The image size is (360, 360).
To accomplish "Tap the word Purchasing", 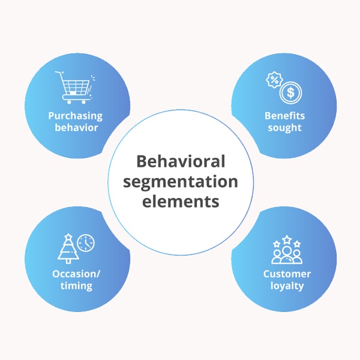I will [76, 116].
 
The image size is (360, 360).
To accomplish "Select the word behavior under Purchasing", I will [76, 127].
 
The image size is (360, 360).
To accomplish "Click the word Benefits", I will [284, 116].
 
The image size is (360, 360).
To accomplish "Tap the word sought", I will [284, 128].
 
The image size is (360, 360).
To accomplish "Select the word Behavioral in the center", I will [180, 161].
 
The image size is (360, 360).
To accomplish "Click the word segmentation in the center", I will [180, 181].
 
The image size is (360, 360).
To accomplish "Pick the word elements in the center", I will [180, 201].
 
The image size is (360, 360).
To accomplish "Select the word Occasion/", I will [76, 274].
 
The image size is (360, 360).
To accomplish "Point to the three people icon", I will [285, 254].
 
